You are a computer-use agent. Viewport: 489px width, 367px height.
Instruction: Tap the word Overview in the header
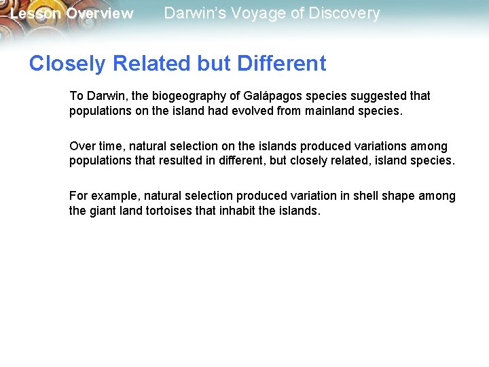pyautogui.click(x=99, y=14)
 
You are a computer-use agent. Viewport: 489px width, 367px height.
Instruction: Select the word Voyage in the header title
pyautogui.click(x=250, y=14)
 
